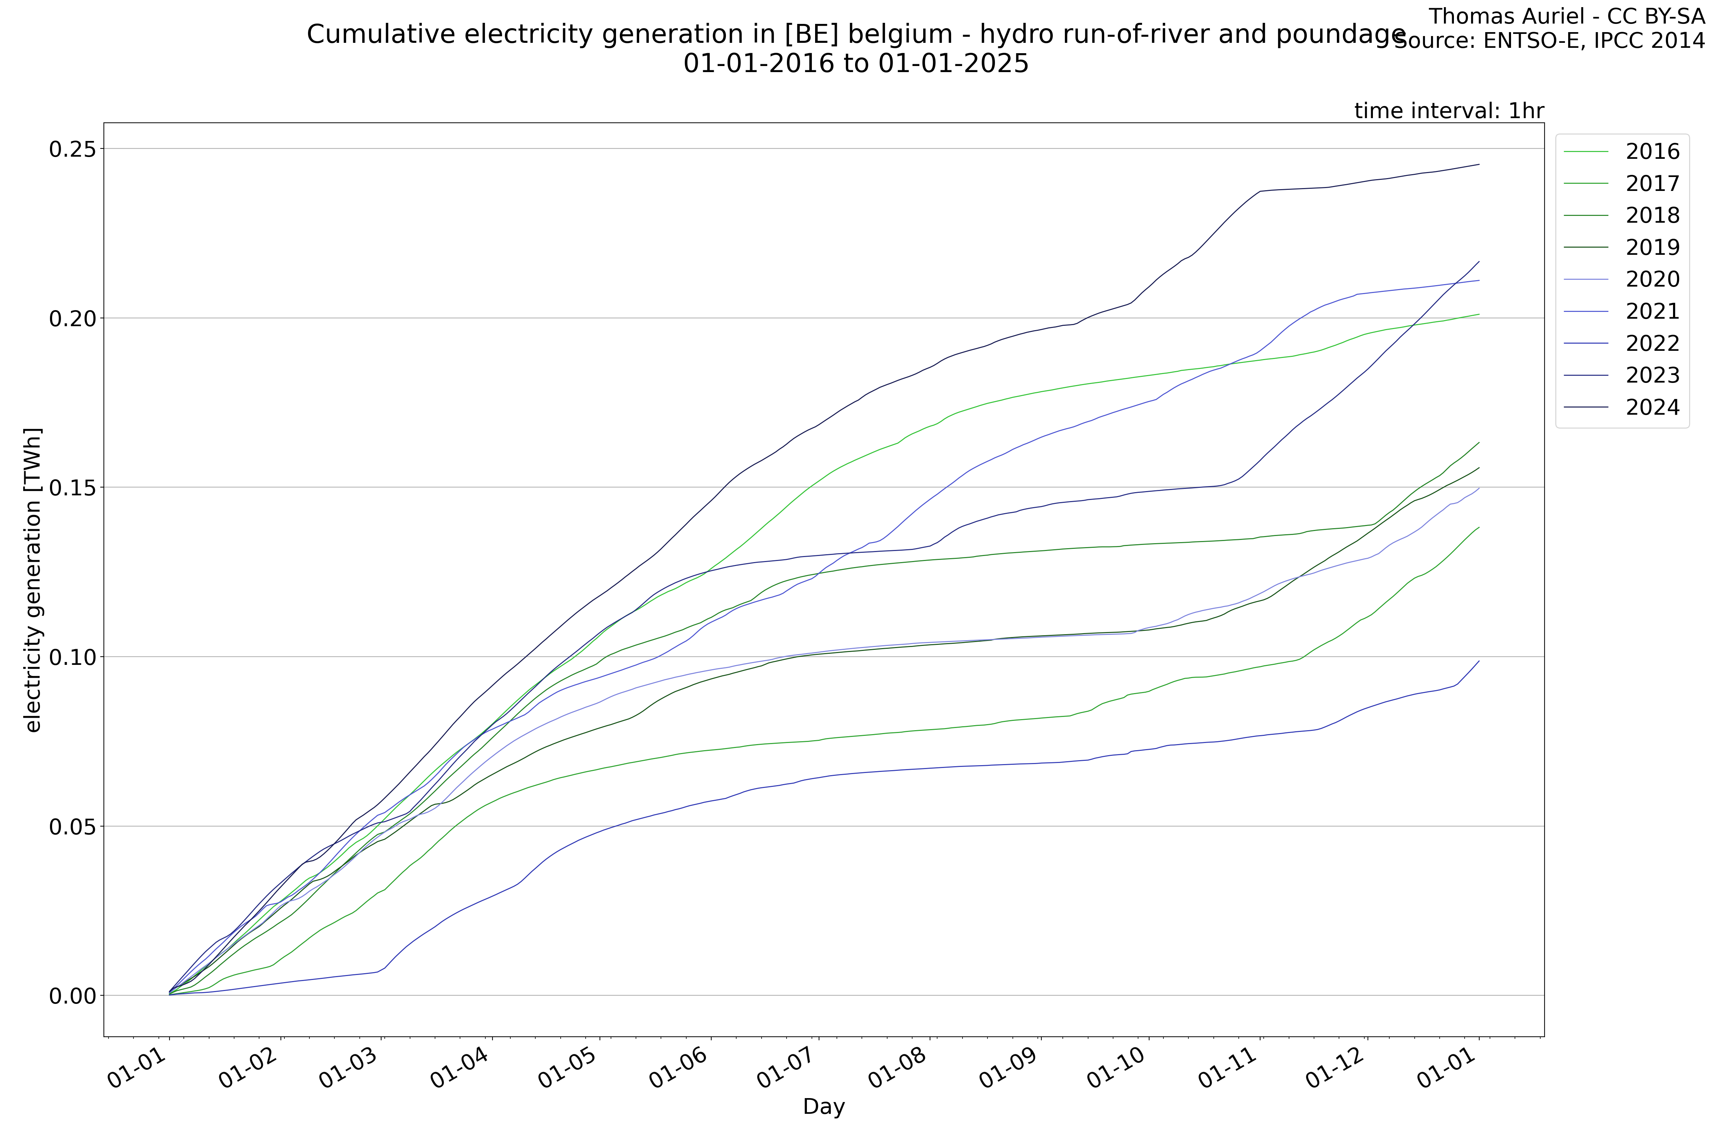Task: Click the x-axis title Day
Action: pyautogui.click(x=824, y=1107)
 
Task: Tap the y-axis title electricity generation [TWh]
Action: pyautogui.click(x=33, y=580)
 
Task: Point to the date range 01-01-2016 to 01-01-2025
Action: pyautogui.click(x=856, y=64)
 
